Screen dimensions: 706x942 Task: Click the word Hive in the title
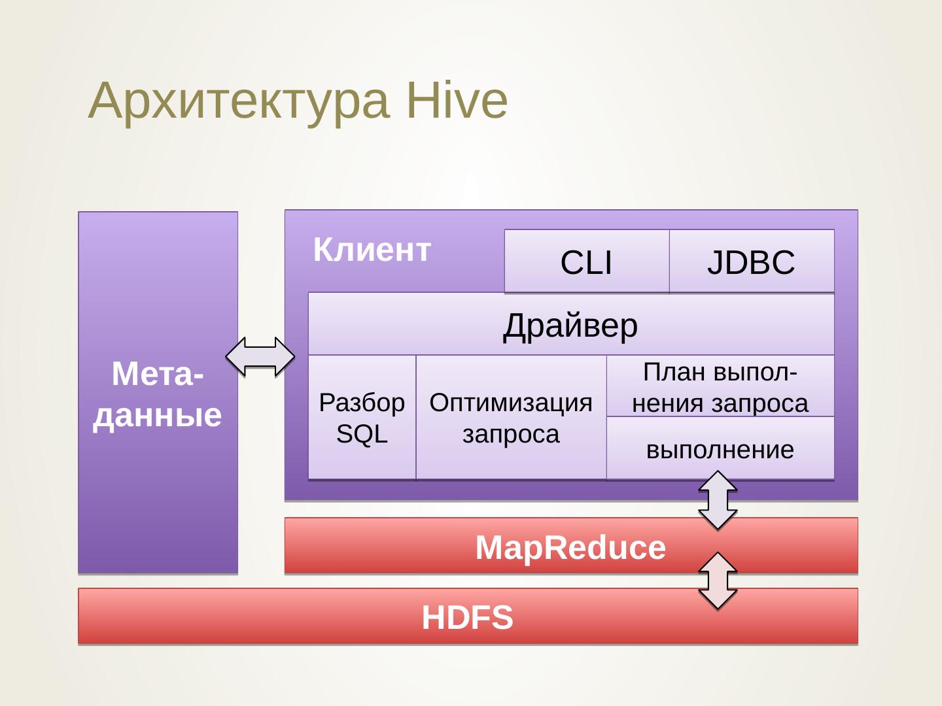pos(457,101)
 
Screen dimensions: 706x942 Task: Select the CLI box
pos(586,262)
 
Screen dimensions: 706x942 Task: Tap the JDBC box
pos(751,262)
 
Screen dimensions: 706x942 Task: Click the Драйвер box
pos(570,325)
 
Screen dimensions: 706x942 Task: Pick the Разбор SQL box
pos(362,418)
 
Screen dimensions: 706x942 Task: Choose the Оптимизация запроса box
pos(511,418)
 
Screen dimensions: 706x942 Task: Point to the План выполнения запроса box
pos(720,386)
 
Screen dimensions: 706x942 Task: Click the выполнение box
pos(720,449)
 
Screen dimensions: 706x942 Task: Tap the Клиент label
pos(372,250)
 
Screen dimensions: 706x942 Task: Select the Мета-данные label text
pos(158,394)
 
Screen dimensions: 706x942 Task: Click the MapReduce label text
pos(570,547)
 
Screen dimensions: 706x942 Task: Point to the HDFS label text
pos(467,618)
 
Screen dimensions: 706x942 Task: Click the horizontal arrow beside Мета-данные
pos(260,356)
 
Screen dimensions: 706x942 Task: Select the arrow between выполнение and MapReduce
pos(718,500)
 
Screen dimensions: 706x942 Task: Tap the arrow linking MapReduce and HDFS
pos(718,581)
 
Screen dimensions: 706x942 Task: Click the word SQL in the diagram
pos(362,434)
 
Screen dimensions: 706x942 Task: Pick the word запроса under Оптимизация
pos(511,434)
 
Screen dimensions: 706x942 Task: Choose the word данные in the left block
pos(158,415)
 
